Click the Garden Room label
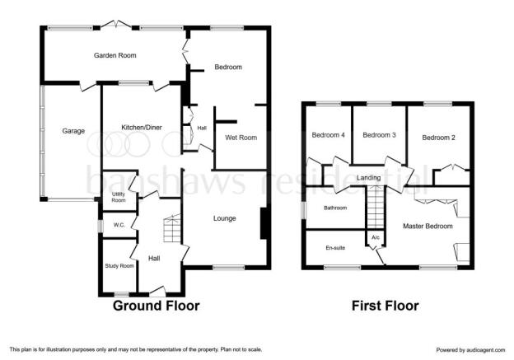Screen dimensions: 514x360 click(x=115, y=55)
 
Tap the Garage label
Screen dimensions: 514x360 click(x=73, y=131)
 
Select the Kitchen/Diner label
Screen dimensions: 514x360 click(x=142, y=128)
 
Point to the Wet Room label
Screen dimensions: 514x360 click(x=241, y=138)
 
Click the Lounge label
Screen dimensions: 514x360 click(x=225, y=218)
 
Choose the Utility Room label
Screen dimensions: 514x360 click(x=119, y=197)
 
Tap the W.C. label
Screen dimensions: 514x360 click(x=119, y=225)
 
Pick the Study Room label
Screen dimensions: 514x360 click(x=119, y=266)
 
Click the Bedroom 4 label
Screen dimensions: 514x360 click(x=328, y=135)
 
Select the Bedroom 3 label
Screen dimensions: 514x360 click(x=379, y=135)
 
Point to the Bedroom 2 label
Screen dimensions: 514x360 click(x=438, y=138)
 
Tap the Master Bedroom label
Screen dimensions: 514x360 click(x=428, y=227)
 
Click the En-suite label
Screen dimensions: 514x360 click(x=335, y=248)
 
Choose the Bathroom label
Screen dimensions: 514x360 click(x=335, y=208)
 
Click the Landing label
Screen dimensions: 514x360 click(x=369, y=178)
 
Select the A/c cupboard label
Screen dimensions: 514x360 click(x=376, y=237)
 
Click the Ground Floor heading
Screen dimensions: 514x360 click(x=157, y=306)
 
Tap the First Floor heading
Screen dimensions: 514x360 click(x=385, y=306)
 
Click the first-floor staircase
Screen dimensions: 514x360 click(x=375, y=207)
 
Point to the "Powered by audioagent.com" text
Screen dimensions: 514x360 click(x=470, y=350)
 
